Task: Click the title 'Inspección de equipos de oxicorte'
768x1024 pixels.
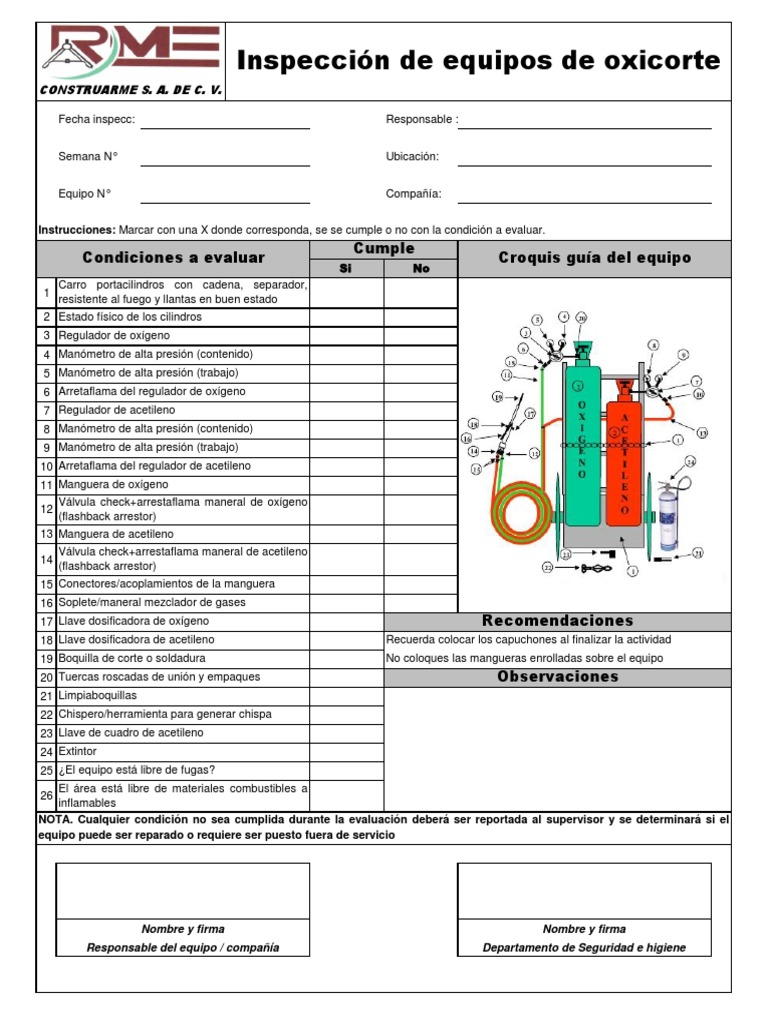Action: tap(478, 61)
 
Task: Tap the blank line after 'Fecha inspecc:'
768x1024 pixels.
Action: tap(225, 121)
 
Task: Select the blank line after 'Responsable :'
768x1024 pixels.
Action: tap(584, 121)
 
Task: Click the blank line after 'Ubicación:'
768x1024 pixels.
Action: tap(584, 158)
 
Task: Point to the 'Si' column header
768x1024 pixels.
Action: tap(346, 268)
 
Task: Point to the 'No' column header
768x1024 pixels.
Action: tap(421, 268)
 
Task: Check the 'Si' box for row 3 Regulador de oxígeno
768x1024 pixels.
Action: tap(346, 335)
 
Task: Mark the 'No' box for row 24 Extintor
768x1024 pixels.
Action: tap(421, 751)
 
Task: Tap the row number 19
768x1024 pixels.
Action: tap(46, 659)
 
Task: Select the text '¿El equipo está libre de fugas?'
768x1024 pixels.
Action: tap(136, 770)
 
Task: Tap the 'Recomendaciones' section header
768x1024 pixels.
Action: tap(557, 621)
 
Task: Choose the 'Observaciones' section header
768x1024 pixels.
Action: tap(557, 677)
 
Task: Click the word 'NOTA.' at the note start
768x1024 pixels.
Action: tap(54, 819)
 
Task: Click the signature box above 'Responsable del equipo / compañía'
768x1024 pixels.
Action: tap(183, 890)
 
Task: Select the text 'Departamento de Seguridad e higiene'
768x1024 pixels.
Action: tap(584, 948)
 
